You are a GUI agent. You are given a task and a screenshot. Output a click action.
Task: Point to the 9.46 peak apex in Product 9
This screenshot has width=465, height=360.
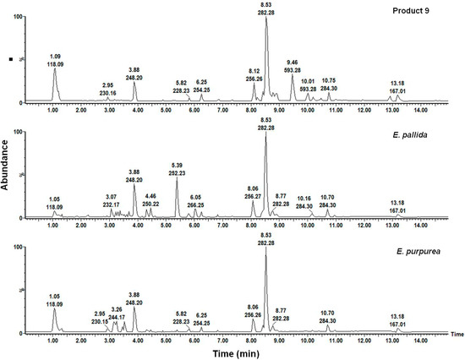[292, 78]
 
